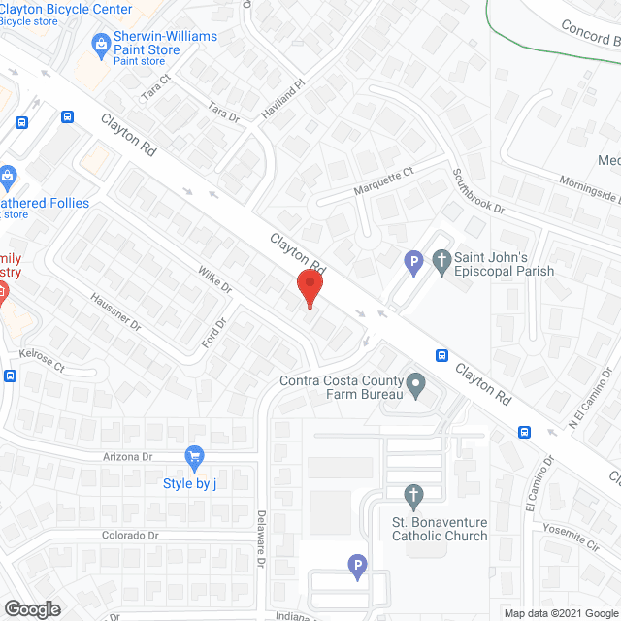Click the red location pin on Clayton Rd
point(309,287)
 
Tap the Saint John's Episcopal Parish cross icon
point(441,260)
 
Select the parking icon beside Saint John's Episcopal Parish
point(413,260)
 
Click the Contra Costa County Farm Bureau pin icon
point(415,385)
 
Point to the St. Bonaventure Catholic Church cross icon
point(413,498)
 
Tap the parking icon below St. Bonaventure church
point(356,566)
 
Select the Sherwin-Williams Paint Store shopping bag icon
point(100,43)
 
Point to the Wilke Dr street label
point(215,281)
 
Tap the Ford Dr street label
point(213,332)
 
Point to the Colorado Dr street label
point(130,536)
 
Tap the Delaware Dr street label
point(261,539)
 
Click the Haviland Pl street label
point(286,97)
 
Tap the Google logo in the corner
point(31,608)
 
